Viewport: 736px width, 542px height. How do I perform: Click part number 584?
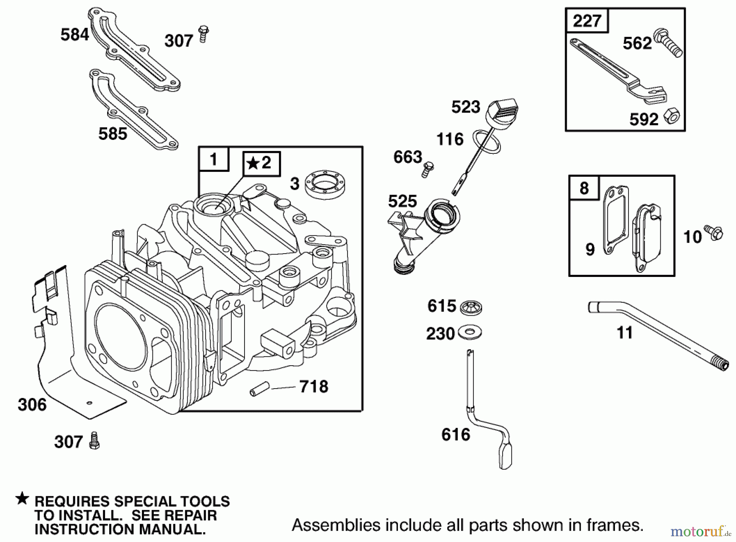pos(74,34)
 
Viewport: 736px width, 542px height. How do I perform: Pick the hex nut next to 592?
pos(671,116)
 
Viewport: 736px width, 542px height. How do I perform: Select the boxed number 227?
pos(587,20)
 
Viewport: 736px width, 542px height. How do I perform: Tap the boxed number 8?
pos(584,188)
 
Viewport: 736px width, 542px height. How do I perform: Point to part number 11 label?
pos(624,333)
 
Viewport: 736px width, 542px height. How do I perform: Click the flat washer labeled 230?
pos(470,332)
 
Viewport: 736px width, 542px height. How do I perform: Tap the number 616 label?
pos(456,434)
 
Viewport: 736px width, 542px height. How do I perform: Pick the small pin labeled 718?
pos(259,389)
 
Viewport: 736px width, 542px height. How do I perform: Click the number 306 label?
pos(32,405)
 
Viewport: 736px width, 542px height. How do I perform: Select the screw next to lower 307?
pos(94,441)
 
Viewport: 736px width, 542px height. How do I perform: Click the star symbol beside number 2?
pos(253,164)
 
